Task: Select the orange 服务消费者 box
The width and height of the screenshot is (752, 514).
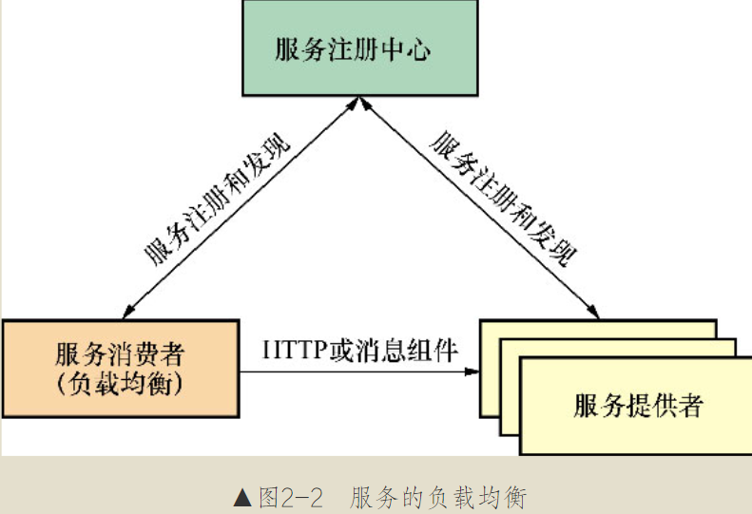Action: (x=120, y=369)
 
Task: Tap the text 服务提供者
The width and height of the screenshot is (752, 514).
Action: (x=638, y=406)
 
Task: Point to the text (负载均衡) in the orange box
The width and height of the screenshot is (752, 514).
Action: (x=120, y=384)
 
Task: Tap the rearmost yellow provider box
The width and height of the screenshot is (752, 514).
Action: (x=599, y=329)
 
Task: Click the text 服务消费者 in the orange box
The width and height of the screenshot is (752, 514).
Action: (x=120, y=356)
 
